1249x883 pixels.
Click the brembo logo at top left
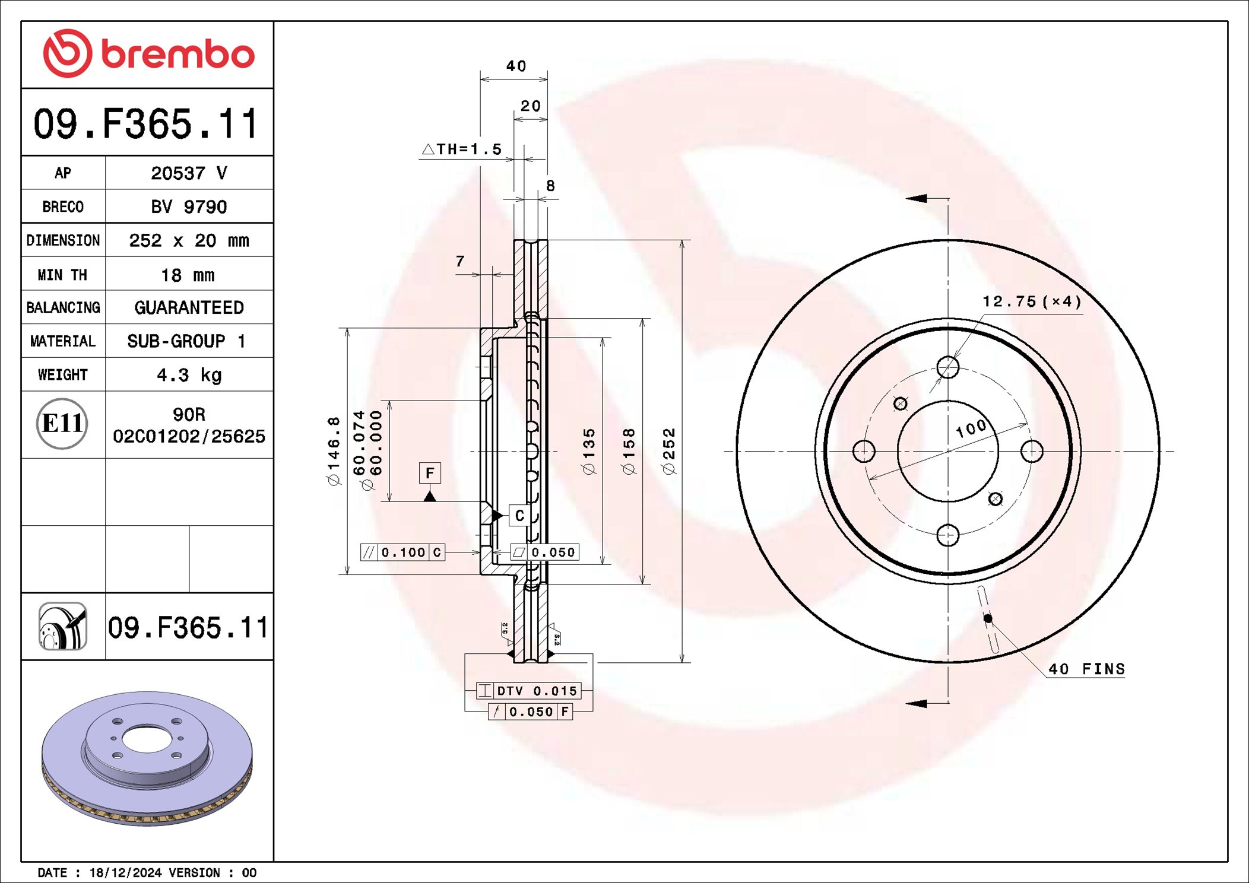click(x=148, y=53)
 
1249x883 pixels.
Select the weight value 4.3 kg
click(x=189, y=375)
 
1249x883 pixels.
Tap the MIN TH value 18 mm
click(x=188, y=275)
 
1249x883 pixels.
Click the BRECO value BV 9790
click(x=189, y=207)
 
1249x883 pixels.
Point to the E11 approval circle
click(x=62, y=424)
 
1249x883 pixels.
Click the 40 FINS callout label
click(x=1086, y=669)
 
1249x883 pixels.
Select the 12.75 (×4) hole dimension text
click(x=1031, y=301)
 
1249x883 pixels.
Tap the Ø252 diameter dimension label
click(x=669, y=451)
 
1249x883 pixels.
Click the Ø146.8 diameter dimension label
click(x=334, y=451)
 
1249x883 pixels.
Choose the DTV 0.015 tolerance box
click(x=529, y=691)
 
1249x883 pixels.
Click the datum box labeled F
click(x=430, y=473)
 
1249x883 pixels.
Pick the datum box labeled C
click(x=519, y=516)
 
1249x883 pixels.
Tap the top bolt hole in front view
click(x=947, y=367)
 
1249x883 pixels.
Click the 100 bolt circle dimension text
click(x=971, y=428)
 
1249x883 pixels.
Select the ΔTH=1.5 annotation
click(x=462, y=149)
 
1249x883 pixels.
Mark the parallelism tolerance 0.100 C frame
click(x=402, y=552)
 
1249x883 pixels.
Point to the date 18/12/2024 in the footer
click(x=125, y=872)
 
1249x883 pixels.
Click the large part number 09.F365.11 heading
click(x=147, y=124)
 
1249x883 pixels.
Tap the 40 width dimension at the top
click(x=515, y=66)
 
